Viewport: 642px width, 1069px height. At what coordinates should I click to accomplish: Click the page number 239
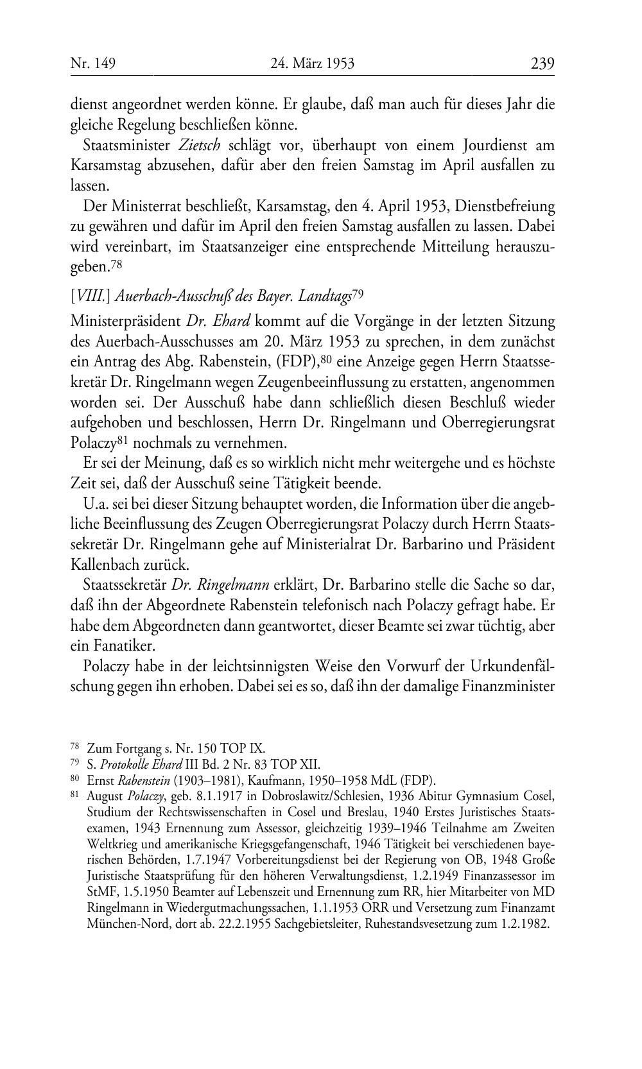(542, 64)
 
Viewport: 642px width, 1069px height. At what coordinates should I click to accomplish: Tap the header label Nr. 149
(92, 64)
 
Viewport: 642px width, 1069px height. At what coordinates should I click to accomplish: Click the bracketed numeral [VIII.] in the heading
(85, 296)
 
